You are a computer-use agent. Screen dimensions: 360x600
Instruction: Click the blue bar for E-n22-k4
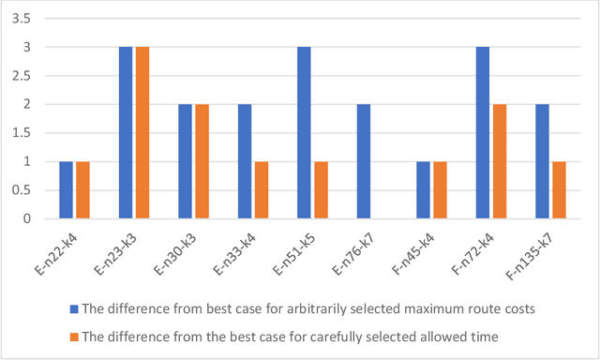[66, 190]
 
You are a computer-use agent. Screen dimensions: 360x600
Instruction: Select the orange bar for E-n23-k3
[142, 133]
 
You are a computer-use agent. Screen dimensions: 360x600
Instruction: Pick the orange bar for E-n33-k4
[262, 190]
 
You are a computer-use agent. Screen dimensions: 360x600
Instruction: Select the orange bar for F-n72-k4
[499, 161]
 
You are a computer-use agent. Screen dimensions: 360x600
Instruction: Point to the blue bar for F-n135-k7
[541, 161]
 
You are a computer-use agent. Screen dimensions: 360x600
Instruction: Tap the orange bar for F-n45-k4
[440, 190]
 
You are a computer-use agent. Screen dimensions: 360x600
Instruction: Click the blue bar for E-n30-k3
[185, 161]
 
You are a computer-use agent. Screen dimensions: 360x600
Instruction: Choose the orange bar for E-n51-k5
[321, 190]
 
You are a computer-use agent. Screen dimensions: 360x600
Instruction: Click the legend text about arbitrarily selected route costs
[309, 307]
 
